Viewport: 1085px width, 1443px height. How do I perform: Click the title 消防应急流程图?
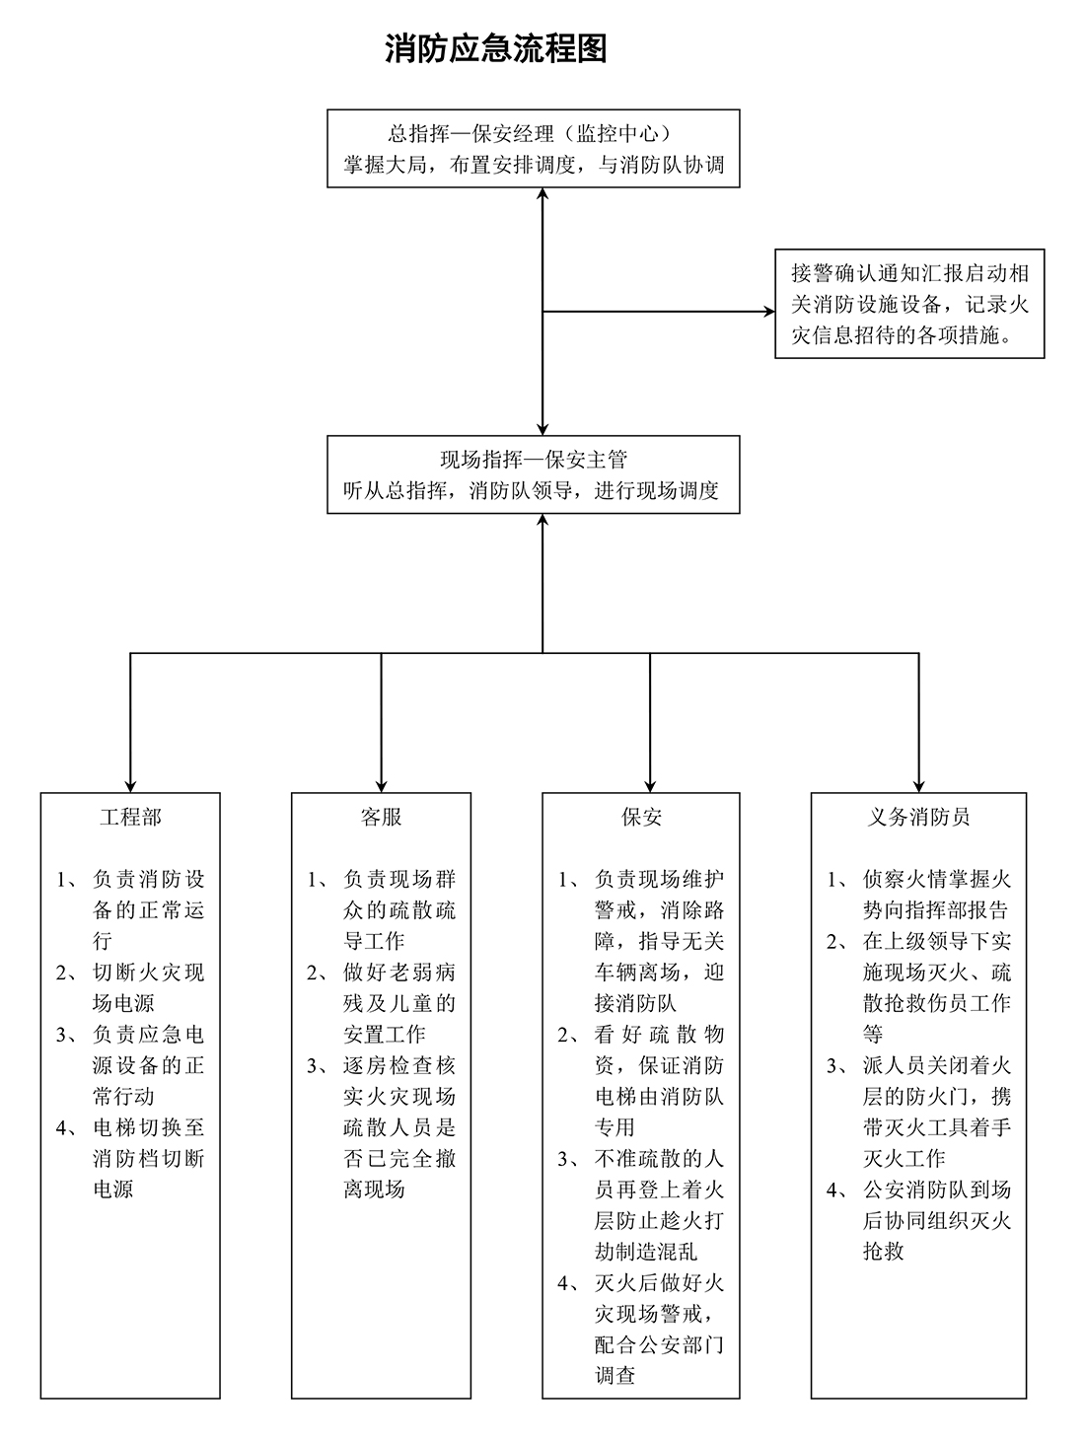click(495, 48)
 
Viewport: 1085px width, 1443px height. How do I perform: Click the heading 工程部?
click(130, 817)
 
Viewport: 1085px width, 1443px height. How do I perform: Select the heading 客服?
click(381, 817)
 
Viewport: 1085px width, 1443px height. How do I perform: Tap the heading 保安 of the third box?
click(641, 817)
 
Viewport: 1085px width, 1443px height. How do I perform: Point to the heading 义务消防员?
click(918, 817)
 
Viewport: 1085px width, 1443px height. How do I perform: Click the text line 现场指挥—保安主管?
click(534, 460)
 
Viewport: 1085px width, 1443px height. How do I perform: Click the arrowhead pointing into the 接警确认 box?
click(769, 312)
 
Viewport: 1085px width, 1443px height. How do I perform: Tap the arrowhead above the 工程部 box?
click(130, 786)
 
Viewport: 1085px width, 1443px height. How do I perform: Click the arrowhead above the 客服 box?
click(381, 786)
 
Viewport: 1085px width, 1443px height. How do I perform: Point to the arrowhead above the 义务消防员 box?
click(918, 786)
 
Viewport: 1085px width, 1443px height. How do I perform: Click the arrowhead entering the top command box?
click(542, 194)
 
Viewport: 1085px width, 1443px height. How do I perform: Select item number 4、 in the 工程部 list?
click(68, 1128)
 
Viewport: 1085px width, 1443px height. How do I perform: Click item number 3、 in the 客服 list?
click(318, 1066)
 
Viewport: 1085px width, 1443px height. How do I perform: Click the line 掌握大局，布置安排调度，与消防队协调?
click(534, 165)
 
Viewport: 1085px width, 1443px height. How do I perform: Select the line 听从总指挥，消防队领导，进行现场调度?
click(531, 490)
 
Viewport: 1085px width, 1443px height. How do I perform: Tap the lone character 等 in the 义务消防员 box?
click(873, 1035)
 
